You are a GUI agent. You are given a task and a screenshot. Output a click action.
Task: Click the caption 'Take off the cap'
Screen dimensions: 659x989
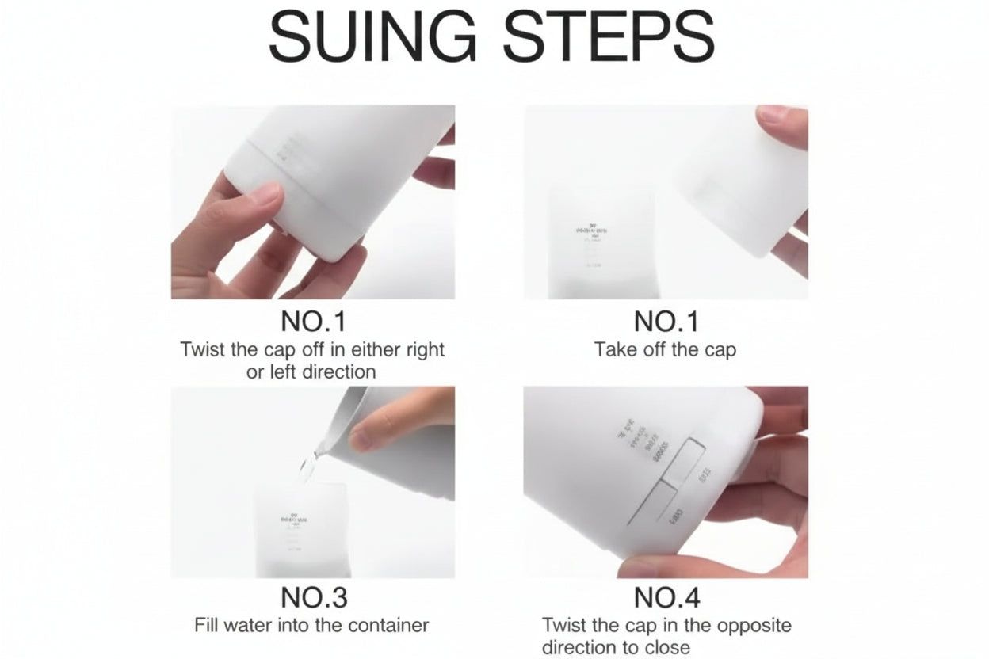click(666, 349)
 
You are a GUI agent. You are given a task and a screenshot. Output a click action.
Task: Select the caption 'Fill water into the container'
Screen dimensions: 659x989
click(311, 625)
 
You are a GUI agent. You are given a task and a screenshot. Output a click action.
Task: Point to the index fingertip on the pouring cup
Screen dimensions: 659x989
click(363, 438)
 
